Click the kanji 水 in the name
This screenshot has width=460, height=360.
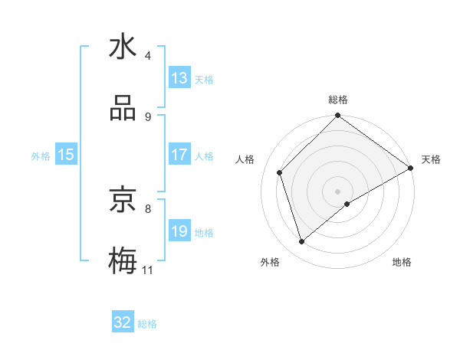pos(123,47)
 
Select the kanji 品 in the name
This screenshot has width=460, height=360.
pos(123,109)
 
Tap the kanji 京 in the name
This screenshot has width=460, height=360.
pos(123,201)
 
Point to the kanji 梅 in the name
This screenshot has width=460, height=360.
pos(123,261)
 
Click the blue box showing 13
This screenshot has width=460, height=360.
pos(179,78)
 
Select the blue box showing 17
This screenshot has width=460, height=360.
pos(179,155)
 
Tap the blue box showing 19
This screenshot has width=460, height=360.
pos(179,231)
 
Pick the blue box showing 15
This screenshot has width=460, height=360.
pos(66,155)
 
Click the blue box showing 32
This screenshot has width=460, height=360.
pos(123,322)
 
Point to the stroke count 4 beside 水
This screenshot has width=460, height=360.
pos(148,55)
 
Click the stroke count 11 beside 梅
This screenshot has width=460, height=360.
pos(147,270)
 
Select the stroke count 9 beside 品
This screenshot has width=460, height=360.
pos(148,116)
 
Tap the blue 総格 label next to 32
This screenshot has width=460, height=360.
pos(147,324)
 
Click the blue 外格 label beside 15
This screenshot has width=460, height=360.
pos(41,155)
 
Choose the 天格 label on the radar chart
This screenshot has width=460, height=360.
pos(431,159)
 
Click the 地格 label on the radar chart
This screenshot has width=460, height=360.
pos(402,262)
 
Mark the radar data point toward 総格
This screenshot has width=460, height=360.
pos(337,116)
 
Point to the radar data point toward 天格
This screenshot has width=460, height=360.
pos(410,168)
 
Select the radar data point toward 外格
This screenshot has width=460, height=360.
pos(302,241)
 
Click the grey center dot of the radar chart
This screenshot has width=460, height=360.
pos(337,191)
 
